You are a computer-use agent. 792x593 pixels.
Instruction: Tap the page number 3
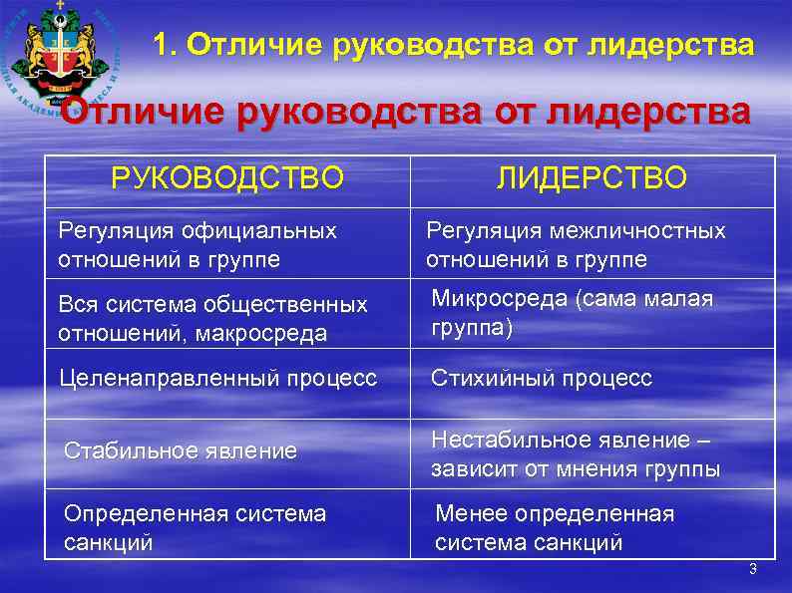point(752,569)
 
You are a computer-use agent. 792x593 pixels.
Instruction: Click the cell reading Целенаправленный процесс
point(217,379)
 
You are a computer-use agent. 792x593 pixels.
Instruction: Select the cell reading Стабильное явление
point(181,450)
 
